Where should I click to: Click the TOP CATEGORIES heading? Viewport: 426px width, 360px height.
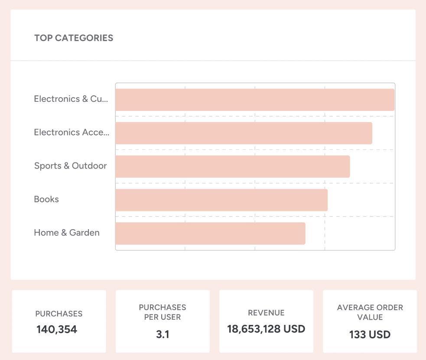coord(74,38)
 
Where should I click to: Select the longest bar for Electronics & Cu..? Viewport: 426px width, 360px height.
coord(255,100)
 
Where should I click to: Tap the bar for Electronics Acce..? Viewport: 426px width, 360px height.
coord(244,133)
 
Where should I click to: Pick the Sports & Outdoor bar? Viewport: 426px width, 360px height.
coord(232,166)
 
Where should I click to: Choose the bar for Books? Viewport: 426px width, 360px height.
coord(221,200)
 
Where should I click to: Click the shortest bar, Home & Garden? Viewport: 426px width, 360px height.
coord(210,233)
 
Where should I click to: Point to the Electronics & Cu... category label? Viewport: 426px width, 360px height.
coord(71,99)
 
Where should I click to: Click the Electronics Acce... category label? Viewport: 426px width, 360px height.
coord(72,132)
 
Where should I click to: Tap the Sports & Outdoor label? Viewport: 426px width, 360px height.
coord(70,166)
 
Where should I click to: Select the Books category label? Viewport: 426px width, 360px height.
coord(46,199)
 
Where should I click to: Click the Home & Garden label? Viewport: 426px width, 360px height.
coord(67,233)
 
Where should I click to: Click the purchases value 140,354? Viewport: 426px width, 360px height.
coord(57,329)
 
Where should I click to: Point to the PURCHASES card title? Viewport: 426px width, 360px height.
coord(59,314)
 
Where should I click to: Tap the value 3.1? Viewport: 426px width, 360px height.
coord(163,334)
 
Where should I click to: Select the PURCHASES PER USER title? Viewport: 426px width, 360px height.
coord(163,312)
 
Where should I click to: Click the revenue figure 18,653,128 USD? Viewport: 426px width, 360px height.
coord(266,329)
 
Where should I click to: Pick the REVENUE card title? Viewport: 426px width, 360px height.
coord(266,313)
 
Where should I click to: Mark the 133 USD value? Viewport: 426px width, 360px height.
coord(370,334)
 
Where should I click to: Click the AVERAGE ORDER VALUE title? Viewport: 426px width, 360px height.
coord(370,312)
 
